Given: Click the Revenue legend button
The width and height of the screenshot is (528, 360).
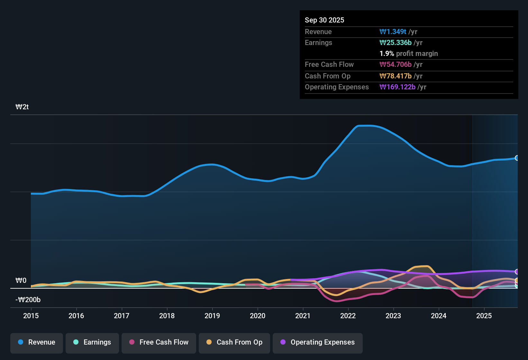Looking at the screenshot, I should (x=37, y=342).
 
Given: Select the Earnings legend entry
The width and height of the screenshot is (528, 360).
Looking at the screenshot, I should (x=92, y=342).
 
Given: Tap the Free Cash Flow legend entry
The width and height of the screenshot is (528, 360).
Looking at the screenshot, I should (x=159, y=342).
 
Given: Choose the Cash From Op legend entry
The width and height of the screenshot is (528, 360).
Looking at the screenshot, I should (x=234, y=342).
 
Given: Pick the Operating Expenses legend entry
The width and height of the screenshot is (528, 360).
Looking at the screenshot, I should (x=318, y=342).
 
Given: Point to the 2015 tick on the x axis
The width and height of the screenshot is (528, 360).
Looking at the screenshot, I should (x=31, y=316).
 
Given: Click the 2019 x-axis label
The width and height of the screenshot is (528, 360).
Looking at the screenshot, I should (x=212, y=316).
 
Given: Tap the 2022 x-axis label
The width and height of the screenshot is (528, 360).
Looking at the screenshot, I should (x=348, y=316).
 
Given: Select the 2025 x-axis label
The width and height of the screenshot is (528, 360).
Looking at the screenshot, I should (x=484, y=316).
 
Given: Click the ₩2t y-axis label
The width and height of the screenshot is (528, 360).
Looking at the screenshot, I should (x=22, y=107).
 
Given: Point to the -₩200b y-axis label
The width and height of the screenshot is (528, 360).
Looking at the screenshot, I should (x=28, y=300).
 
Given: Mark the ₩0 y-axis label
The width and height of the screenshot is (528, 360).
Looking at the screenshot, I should (x=21, y=281).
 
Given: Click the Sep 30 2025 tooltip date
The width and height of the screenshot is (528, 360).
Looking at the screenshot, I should (x=324, y=20).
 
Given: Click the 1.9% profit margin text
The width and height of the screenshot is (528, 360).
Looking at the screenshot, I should (x=409, y=54).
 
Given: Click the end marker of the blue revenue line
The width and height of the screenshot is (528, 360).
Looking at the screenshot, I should (x=517, y=158).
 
